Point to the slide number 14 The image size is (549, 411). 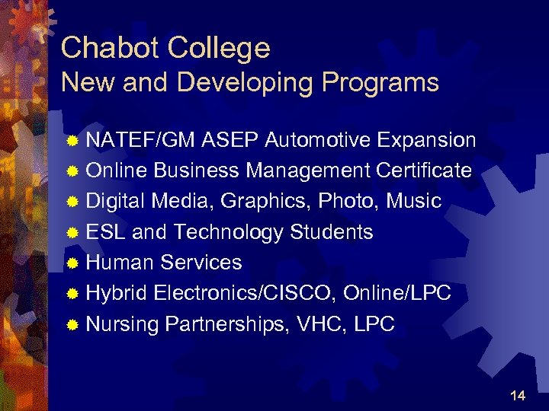click(518, 395)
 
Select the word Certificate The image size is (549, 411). click(424, 170)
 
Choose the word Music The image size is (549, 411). click(414, 201)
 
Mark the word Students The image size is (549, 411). click(332, 231)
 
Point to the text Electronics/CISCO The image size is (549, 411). click(246, 293)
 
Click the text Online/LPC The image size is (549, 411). click(397, 293)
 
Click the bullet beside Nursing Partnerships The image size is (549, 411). click(72, 325)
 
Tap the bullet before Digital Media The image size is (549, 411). click(72, 202)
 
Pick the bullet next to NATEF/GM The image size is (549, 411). click(72, 141)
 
